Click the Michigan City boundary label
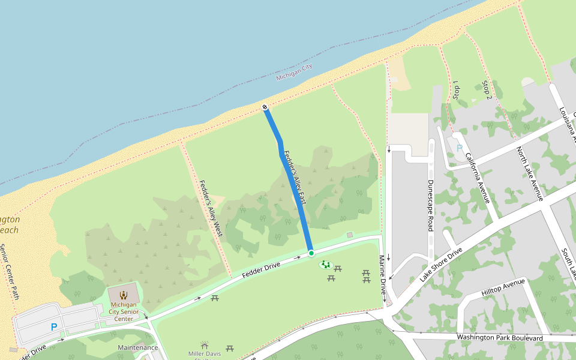click(x=294, y=72)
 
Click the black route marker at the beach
click(x=265, y=107)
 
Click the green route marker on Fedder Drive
click(x=311, y=253)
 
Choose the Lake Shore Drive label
click(x=442, y=265)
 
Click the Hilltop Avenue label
click(x=503, y=287)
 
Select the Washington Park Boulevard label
click(x=499, y=338)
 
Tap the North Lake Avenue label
click(x=530, y=174)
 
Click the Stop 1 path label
click(x=456, y=90)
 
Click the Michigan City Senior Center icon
click(x=124, y=295)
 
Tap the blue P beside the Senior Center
click(x=54, y=327)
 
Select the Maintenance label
click(x=138, y=347)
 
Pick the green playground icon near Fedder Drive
click(x=325, y=264)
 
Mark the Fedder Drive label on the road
click(x=263, y=268)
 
